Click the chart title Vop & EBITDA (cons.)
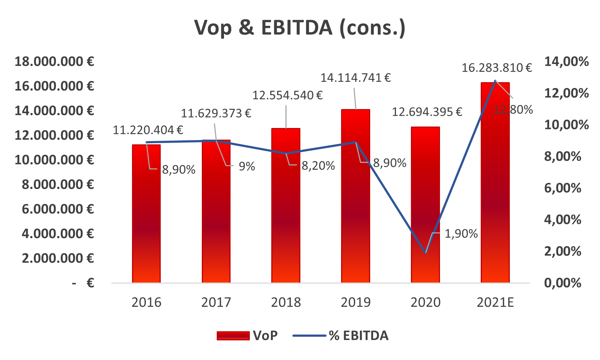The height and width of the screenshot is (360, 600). [x=300, y=28]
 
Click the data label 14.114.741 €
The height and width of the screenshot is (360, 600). [x=355, y=78]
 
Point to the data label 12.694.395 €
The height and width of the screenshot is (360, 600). [x=427, y=112]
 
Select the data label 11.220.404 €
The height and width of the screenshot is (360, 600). [x=148, y=130]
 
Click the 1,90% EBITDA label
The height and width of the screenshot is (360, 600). [x=461, y=234]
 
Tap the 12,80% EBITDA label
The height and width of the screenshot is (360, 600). [x=513, y=109]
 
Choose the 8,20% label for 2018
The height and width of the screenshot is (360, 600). [x=318, y=166]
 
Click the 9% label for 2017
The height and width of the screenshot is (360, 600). [x=247, y=167]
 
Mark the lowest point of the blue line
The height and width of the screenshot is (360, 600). [x=425, y=253]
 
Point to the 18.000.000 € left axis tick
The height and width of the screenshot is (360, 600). [x=54, y=61]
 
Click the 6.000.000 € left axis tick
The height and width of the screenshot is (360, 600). [x=58, y=209]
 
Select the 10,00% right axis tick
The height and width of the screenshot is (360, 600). [x=566, y=125]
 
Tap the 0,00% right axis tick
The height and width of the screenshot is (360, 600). [x=563, y=283]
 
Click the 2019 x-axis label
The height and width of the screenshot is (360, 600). [x=355, y=303]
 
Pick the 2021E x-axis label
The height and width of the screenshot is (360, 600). [x=495, y=303]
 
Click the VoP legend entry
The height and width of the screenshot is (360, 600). [x=247, y=336]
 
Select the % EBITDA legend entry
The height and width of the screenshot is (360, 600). [x=341, y=336]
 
